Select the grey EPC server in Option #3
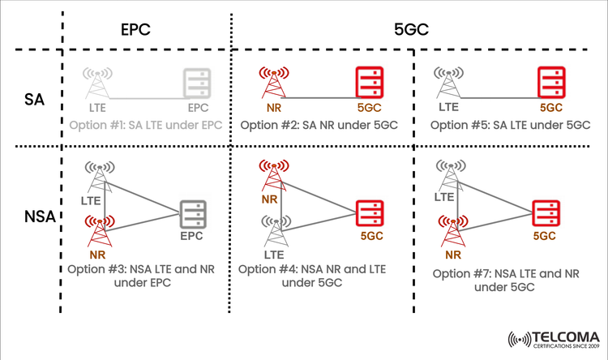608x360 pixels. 193,214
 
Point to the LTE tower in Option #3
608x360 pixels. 98,176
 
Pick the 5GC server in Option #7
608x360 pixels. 544,213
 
